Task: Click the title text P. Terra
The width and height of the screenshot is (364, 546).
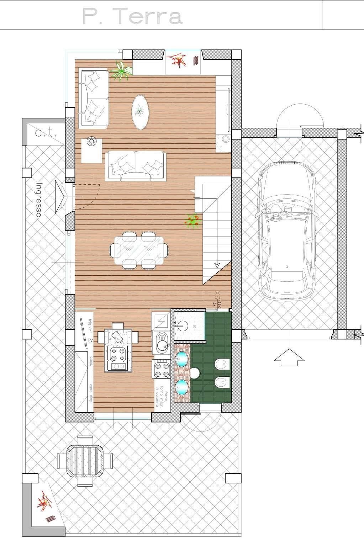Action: coord(132,17)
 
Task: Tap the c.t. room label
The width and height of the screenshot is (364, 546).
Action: coord(46,133)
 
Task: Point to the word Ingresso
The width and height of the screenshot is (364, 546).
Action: coord(39,200)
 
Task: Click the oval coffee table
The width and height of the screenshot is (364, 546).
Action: coord(140,112)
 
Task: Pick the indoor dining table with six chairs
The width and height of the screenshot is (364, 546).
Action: coord(139,250)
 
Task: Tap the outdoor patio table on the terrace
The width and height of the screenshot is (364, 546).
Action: coord(85,461)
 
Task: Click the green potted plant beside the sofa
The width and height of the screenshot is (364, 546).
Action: coord(121,71)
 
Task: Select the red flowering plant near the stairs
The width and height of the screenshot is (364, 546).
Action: coord(192,221)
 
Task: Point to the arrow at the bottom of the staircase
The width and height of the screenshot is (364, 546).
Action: coord(216,264)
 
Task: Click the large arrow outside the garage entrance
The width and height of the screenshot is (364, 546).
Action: coord(289,357)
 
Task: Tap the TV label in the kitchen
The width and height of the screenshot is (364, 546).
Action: coord(90,340)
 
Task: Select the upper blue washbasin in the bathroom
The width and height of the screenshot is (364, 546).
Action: coord(182,359)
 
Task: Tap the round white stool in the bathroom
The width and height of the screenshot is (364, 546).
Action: coord(195,373)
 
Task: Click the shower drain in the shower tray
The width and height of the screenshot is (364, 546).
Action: coord(194,325)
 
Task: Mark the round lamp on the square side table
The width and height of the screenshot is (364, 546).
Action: coord(91,142)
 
